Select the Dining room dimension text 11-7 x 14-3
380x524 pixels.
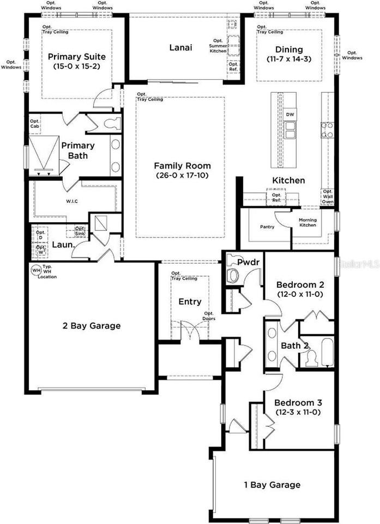[x=289, y=58]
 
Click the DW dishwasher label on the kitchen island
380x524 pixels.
[x=290, y=114]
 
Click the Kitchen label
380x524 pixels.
[x=288, y=181]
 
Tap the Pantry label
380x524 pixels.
[x=267, y=227]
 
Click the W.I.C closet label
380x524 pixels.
[x=72, y=201]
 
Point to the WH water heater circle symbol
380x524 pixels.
[x=36, y=270]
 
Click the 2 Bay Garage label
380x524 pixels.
[x=91, y=326]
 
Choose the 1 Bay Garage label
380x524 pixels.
[x=272, y=485]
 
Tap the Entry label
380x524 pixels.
[x=190, y=301]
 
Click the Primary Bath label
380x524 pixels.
[x=77, y=150]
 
